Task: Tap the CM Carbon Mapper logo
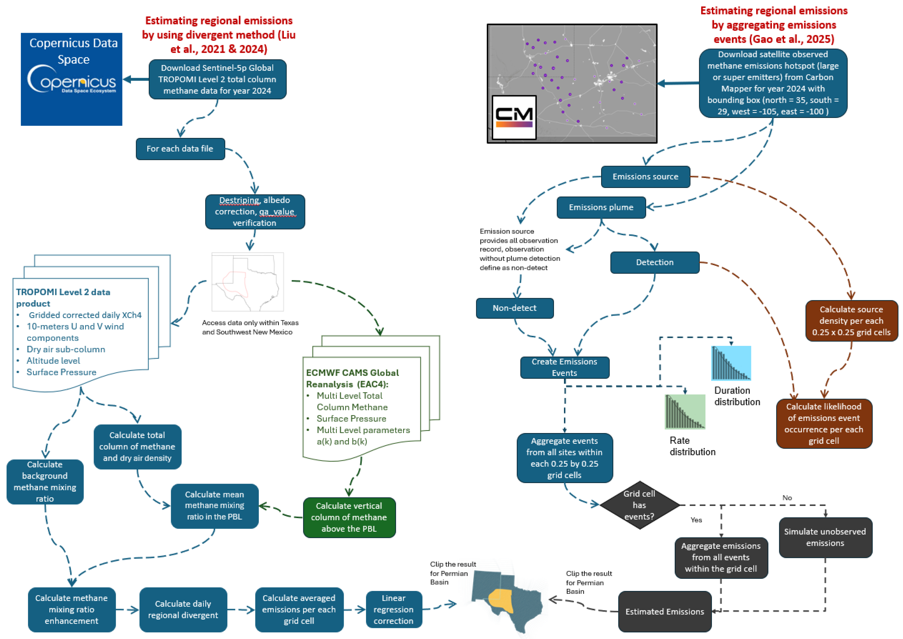pyautogui.click(x=514, y=117)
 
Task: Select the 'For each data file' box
pyautogui.click(x=180, y=149)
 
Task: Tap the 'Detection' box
pyautogui.click(x=654, y=262)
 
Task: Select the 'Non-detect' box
pyautogui.click(x=515, y=308)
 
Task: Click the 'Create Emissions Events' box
pyautogui.click(x=565, y=367)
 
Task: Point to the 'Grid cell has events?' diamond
pyautogui.click(x=639, y=505)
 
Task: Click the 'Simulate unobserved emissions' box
pyautogui.click(x=825, y=537)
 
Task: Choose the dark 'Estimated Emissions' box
pyautogui.click(x=664, y=612)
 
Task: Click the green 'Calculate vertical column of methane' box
pyautogui.click(x=349, y=517)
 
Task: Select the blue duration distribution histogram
pyautogui.click(x=731, y=363)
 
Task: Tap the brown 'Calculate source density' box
pyautogui.click(x=851, y=321)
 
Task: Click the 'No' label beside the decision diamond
pyautogui.click(x=787, y=498)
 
